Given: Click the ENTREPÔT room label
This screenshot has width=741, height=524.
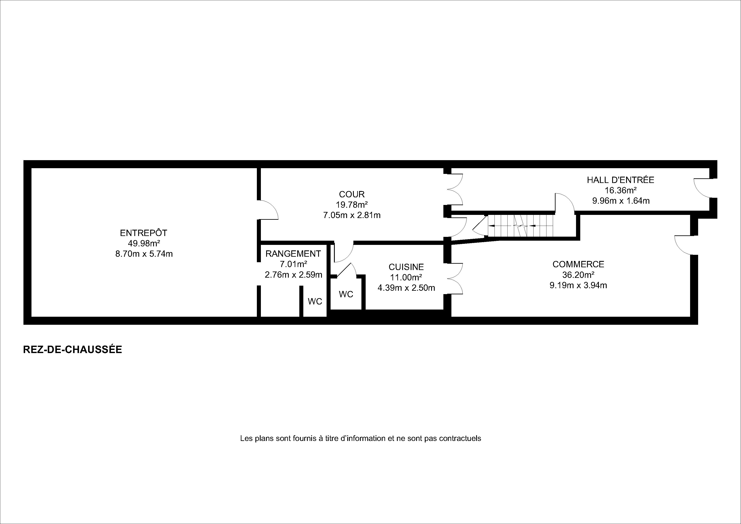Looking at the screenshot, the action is pyautogui.click(x=144, y=233).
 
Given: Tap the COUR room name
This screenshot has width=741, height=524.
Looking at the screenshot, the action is pyautogui.click(x=352, y=194).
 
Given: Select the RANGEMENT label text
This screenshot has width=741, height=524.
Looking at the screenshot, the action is pyautogui.click(x=293, y=254).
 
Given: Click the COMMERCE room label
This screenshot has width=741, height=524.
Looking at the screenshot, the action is pyautogui.click(x=578, y=264).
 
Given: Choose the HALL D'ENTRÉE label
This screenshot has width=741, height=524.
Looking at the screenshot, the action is pyautogui.click(x=621, y=180).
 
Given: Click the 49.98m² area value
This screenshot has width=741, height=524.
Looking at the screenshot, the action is pyautogui.click(x=144, y=243).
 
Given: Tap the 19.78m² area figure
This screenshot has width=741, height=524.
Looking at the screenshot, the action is pyautogui.click(x=352, y=205).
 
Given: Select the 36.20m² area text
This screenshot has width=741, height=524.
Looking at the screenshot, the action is pyautogui.click(x=578, y=274).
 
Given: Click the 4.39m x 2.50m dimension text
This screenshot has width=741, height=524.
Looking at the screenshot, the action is pyautogui.click(x=406, y=288).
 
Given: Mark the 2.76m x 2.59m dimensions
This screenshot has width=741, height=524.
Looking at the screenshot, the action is pyautogui.click(x=293, y=275).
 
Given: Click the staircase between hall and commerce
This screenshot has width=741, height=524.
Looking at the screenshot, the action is pyautogui.click(x=520, y=225).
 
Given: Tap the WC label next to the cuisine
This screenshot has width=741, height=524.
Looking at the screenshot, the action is pyautogui.click(x=346, y=294).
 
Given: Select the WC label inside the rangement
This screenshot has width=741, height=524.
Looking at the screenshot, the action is pyautogui.click(x=315, y=301).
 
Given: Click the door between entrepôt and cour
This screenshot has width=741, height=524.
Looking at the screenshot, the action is pyautogui.click(x=268, y=210).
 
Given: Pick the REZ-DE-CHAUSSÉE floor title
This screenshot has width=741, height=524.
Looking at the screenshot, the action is pyautogui.click(x=73, y=350).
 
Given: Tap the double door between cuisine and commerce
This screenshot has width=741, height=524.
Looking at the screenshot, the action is pyautogui.click(x=455, y=278).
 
